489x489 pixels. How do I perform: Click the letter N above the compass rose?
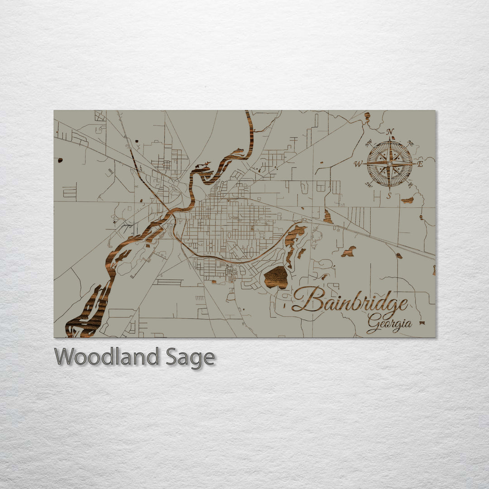click(x=389, y=132)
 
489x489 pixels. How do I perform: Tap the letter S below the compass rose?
click(x=389, y=196)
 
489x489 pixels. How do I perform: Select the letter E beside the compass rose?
click(x=420, y=164)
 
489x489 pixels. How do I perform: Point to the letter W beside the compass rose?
click(x=358, y=164)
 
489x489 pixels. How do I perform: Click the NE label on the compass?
click(x=411, y=144)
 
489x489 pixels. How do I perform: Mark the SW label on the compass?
click(x=369, y=184)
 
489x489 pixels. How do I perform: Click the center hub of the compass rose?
click(x=389, y=163)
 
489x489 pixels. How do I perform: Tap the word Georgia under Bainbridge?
click(x=389, y=323)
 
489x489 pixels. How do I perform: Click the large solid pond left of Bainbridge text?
click(x=276, y=277)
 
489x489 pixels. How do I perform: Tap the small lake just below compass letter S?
click(x=407, y=200)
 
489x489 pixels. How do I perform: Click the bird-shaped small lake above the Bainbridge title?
click(x=349, y=252)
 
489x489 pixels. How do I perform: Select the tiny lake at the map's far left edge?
click(x=60, y=160)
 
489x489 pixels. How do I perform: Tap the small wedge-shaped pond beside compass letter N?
click(x=367, y=117)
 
